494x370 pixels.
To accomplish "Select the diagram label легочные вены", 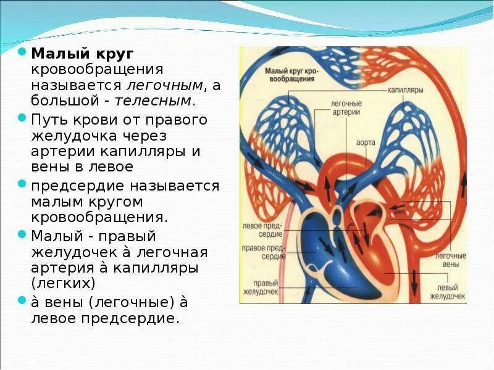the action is (x=450, y=260).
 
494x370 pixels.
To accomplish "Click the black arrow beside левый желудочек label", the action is (x=414, y=287).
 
